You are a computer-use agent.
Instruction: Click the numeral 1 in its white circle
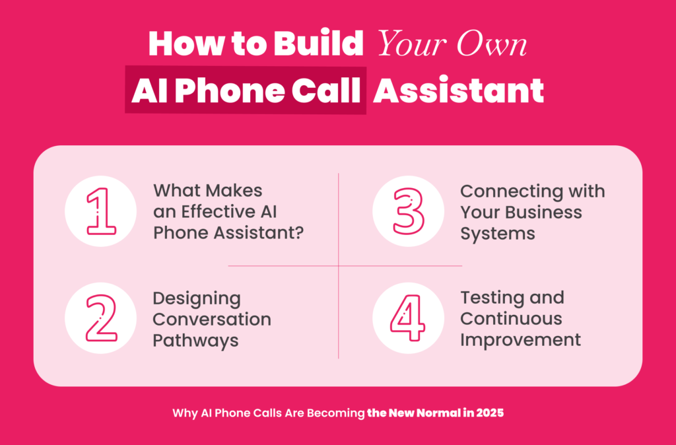pyautogui.click(x=101, y=211)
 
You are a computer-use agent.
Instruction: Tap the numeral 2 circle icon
pyautogui.click(x=101, y=318)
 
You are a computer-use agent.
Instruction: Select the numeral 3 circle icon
pyautogui.click(x=408, y=211)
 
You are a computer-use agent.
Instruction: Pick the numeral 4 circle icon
pyautogui.click(x=408, y=318)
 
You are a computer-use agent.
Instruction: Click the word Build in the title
pyautogui.click(x=318, y=44)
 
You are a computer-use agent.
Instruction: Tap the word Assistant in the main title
pyautogui.click(x=458, y=90)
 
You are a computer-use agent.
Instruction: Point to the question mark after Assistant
pyautogui.click(x=299, y=233)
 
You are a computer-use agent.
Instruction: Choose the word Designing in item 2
pyautogui.click(x=197, y=299)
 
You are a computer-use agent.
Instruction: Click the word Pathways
pyautogui.click(x=195, y=341)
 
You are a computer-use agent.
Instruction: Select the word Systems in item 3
pyautogui.click(x=498, y=233)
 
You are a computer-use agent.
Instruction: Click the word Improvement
pyautogui.click(x=520, y=340)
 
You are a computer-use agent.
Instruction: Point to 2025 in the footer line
pyautogui.click(x=490, y=413)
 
